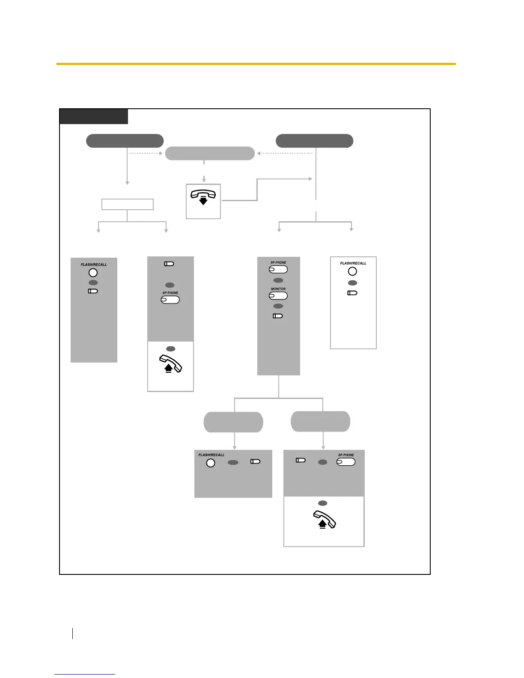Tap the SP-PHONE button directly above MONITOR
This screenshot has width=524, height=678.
(278, 269)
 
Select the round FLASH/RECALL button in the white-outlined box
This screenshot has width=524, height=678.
(352, 271)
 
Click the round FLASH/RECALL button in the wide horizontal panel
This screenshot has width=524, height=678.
(211, 463)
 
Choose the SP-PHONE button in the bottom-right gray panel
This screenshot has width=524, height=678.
(346, 462)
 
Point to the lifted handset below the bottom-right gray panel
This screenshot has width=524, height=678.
(325, 520)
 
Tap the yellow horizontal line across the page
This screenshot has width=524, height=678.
(256, 64)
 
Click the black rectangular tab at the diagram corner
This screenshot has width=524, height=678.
(93, 116)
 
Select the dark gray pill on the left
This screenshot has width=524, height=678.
(125, 141)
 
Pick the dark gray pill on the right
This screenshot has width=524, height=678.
(314, 141)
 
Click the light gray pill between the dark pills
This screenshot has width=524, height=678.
(210, 153)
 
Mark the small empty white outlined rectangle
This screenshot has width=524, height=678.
(127, 204)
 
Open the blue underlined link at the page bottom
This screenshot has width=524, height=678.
(85, 674)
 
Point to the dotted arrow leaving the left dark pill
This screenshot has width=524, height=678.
(146, 153)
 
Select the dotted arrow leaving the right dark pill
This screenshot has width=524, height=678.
(285, 153)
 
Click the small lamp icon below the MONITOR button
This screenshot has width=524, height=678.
(277, 316)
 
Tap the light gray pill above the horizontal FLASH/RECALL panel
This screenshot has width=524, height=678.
(233, 422)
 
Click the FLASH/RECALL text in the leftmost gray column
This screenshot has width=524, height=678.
(94, 265)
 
